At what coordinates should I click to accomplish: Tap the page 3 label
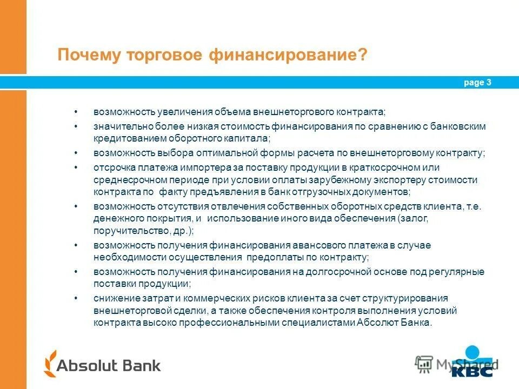pos(477,83)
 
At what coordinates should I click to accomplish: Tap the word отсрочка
pos(113,167)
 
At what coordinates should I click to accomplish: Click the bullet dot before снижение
pos(76,298)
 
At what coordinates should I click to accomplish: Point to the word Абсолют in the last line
pos(375,323)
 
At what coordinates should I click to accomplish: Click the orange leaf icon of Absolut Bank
pos(51,364)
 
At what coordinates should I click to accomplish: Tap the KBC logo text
pos(471,371)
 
